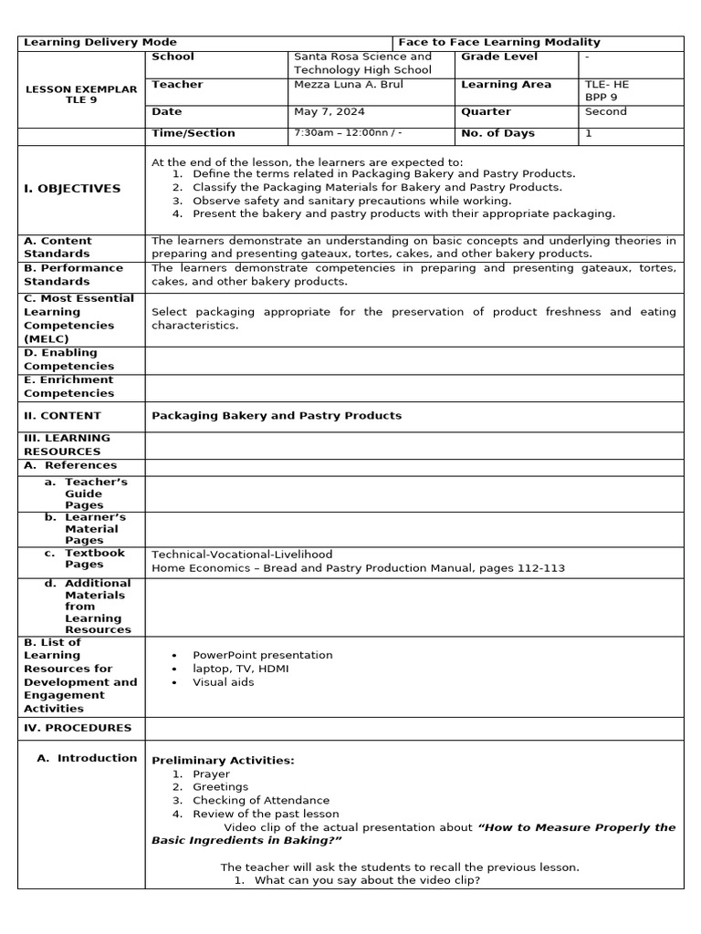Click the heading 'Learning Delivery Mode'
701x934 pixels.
point(100,43)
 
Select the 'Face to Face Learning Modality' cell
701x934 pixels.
point(499,43)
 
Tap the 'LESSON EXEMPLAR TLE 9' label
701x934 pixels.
point(80,95)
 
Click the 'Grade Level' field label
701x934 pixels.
point(499,57)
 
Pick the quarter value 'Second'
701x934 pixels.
point(606,112)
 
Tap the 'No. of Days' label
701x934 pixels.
point(498,133)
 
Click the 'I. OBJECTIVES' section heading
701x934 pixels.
point(72,189)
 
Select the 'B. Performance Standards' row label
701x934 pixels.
point(73,275)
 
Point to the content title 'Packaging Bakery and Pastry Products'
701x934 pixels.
point(277,416)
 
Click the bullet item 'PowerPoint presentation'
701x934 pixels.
point(263,655)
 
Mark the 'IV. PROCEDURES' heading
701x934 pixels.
point(78,728)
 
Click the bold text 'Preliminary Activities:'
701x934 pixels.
point(223,761)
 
